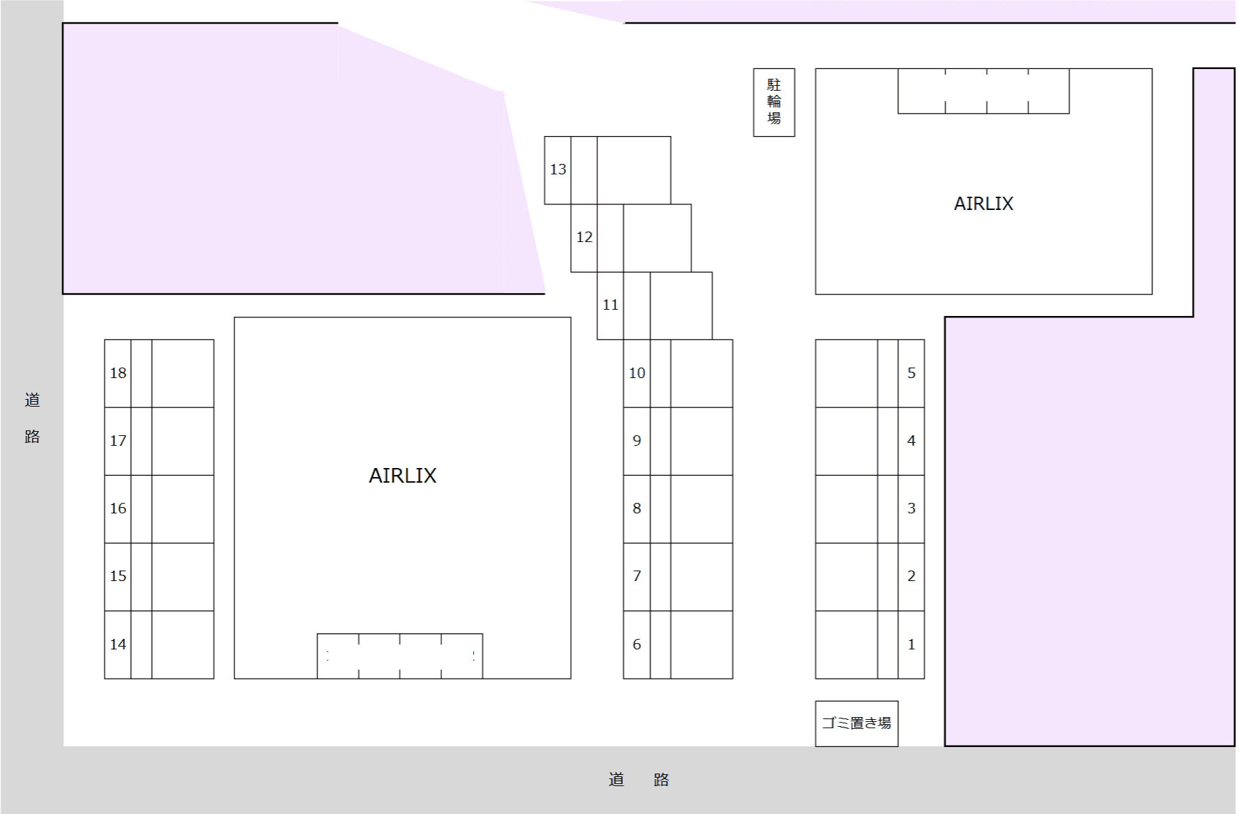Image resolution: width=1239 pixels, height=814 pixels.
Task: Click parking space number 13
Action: click(608, 170)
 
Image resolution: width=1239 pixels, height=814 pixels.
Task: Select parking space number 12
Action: click(631, 238)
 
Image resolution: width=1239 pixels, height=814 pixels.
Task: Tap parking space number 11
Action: click(654, 306)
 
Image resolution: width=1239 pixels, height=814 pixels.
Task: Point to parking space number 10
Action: click(678, 373)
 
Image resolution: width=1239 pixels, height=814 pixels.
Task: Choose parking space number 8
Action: click(678, 509)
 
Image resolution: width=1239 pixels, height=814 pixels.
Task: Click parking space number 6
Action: click(678, 645)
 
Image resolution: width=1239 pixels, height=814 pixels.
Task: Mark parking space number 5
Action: click(870, 373)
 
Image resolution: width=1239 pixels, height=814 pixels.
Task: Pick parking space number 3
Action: click(870, 509)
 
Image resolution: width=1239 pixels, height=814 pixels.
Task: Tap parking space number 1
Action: click(870, 645)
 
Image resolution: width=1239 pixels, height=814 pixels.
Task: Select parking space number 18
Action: click(159, 373)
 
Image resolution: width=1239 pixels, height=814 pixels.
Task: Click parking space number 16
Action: click(159, 509)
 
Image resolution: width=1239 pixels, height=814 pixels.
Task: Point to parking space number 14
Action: click(159, 645)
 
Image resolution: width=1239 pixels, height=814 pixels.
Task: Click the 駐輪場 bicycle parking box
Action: click(774, 103)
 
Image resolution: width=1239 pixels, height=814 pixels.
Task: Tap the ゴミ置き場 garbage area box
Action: click(856, 723)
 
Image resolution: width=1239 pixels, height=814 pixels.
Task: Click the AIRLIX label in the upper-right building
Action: click(983, 204)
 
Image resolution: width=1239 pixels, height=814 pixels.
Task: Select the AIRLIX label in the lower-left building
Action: click(403, 476)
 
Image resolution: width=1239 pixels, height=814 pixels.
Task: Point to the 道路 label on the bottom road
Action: click(639, 779)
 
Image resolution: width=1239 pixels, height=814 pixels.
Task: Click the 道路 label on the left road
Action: click(32, 418)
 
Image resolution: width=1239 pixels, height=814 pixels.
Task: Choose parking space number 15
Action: click(159, 577)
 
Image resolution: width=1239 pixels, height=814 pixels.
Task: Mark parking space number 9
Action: click(678, 442)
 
